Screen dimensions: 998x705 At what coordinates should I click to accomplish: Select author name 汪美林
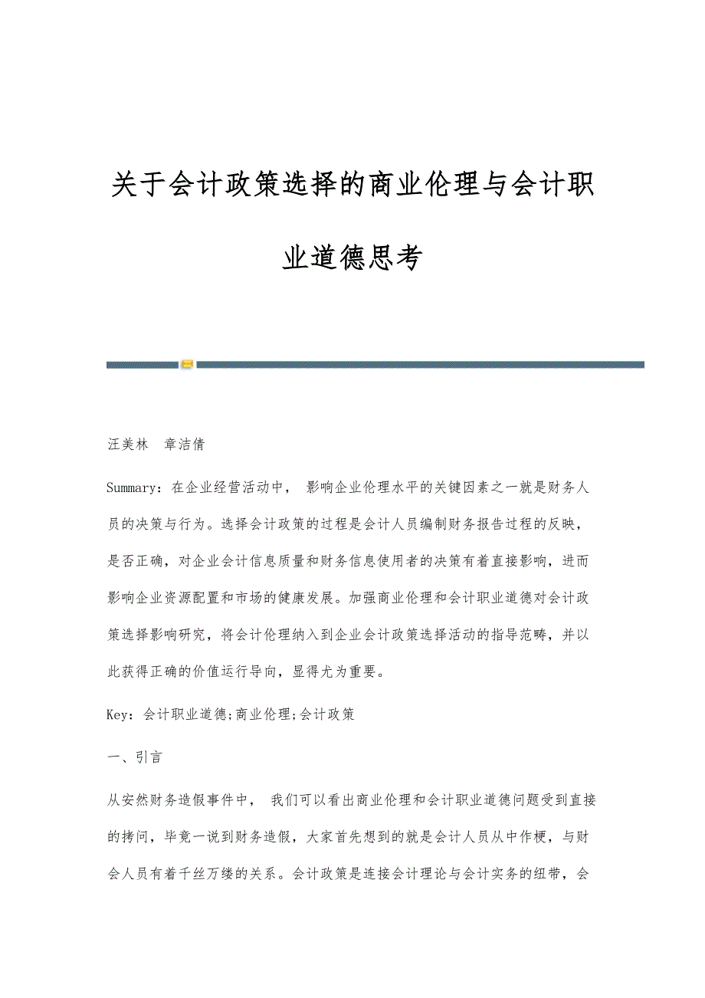coord(127,445)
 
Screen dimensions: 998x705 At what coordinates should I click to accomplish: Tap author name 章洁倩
coord(185,445)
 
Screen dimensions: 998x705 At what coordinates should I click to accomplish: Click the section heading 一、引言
coord(134,757)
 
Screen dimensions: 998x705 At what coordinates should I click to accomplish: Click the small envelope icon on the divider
coord(187,364)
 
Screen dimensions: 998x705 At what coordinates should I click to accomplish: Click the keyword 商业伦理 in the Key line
coord(263,714)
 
